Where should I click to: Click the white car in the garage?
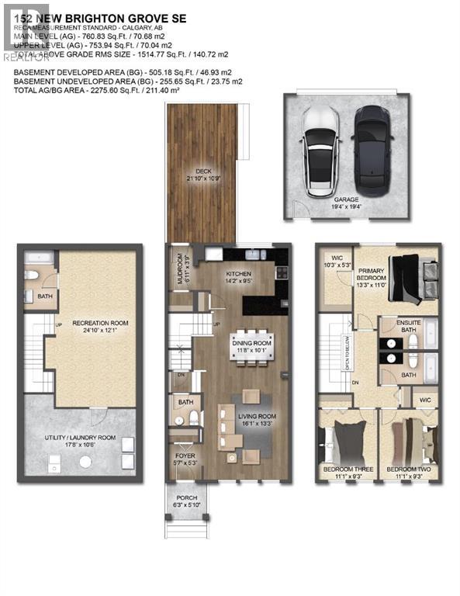[x=319, y=150]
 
